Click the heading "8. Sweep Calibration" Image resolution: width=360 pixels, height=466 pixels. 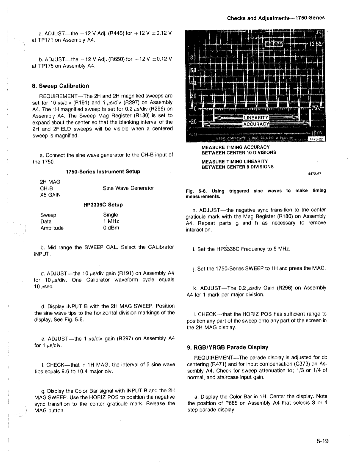[x=61, y=86]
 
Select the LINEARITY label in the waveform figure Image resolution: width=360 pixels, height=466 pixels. [x=256, y=117]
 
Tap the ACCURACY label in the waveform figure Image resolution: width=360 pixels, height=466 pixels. [x=256, y=124]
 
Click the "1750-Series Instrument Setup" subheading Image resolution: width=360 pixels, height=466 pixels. [x=103, y=171]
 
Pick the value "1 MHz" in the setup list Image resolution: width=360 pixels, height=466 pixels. [x=111, y=221]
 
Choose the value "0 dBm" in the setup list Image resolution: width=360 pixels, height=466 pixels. [x=111, y=228]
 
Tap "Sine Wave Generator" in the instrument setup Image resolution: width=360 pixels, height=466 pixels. [x=128, y=188]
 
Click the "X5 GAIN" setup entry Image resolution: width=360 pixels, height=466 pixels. [x=51, y=194]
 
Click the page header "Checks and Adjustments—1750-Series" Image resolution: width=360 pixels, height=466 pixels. [x=276, y=18]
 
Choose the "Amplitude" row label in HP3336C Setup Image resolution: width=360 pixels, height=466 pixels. [x=52, y=228]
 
